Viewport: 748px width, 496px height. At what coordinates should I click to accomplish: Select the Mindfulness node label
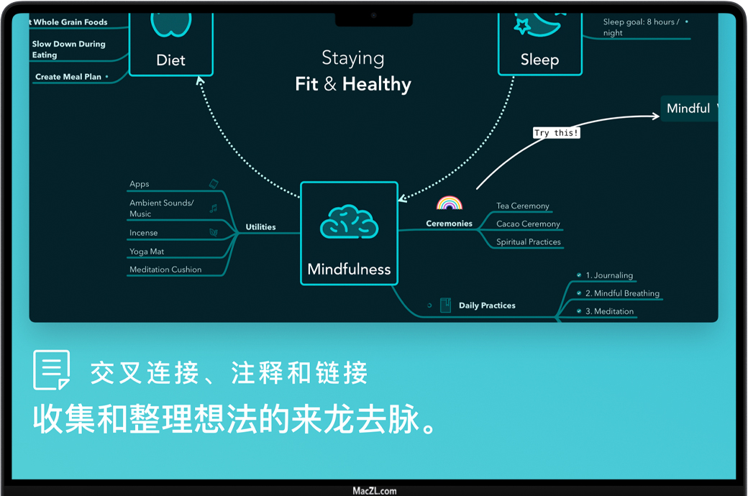(x=349, y=270)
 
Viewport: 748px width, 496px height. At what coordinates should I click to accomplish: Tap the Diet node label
(x=170, y=60)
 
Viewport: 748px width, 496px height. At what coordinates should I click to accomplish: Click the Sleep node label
(x=539, y=60)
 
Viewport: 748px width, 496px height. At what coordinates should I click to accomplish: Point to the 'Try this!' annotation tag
(x=556, y=133)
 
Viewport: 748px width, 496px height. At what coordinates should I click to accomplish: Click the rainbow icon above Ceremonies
(x=449, y=203)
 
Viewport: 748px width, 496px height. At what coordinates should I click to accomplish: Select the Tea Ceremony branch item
(x=522, y=206)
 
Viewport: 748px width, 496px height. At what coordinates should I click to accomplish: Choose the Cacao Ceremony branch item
(x=528, y=224)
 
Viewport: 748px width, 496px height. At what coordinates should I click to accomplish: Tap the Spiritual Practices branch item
(x=528, y=242)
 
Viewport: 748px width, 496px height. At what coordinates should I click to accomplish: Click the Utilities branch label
(x=260, y=227)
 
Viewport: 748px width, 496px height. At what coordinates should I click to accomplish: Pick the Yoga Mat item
(x=147, y=252)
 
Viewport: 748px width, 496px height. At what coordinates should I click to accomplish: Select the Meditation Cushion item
(x=165, y=270)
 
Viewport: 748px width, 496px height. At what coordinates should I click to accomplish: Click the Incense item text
(x=143, y=233)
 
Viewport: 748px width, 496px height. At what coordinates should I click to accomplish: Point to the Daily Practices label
(x=487, y=306)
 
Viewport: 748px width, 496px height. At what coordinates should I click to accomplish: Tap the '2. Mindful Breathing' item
(x=622, y=293)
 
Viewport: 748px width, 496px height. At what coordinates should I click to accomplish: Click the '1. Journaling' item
(x=609, y=275)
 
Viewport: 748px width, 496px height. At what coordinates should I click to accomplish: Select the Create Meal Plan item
(x=68, y=77)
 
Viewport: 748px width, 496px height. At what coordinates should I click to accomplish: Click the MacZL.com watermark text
(x=374, y=491)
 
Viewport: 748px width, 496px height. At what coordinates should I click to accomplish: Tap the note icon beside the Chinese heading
(x=52, y=369)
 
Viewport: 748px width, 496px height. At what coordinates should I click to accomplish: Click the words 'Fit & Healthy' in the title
(x=353, y=84)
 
